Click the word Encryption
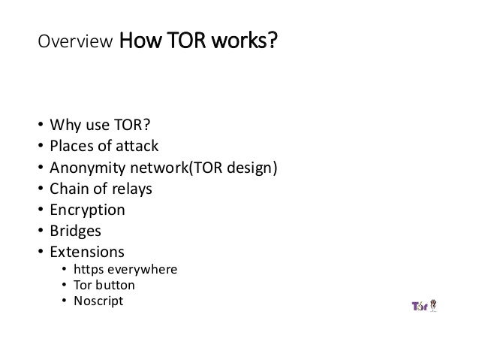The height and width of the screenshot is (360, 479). pyautogui.click(x=86, y=210)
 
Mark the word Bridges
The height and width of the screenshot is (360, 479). pyautogui.click(x=75, y=231)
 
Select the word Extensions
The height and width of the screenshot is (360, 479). pyautogui.click(x=86, y=252)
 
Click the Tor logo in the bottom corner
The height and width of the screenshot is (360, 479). pyautogui.click(x=423, y=307)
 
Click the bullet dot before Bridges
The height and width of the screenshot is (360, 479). pyautogui.click(x=38, y=231)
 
